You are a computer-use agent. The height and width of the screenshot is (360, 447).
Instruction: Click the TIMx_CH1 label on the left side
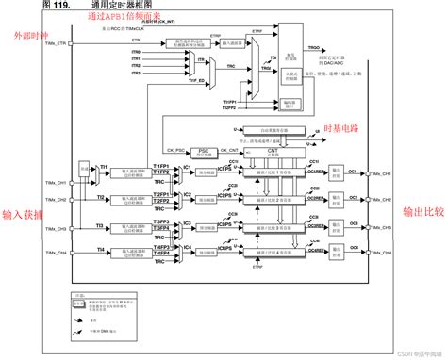tap(56, 173)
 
